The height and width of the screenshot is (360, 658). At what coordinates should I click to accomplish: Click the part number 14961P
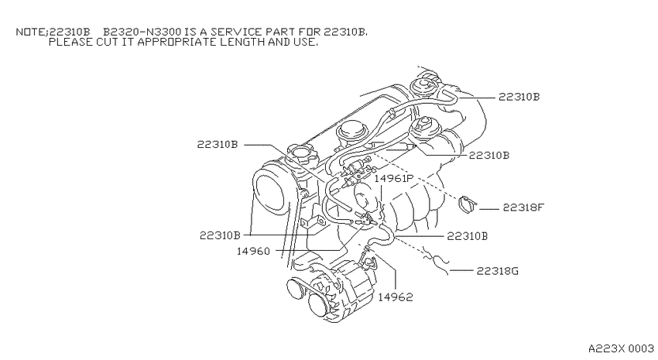[393, 178]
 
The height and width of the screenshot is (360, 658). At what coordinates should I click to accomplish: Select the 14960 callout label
[253, 251]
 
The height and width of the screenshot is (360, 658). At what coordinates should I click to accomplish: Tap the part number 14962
[396, 297]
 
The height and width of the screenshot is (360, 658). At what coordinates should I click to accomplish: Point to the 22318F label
[523, 207]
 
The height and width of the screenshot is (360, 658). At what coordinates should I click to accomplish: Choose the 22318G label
[497, 271]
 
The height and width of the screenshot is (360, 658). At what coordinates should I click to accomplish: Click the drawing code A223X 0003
[621, 348]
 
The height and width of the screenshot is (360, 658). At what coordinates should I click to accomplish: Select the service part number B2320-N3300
[142, 32]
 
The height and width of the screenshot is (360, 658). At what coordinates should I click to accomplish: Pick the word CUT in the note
[107, 42]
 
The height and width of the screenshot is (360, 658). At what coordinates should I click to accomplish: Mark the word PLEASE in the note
[70, 42]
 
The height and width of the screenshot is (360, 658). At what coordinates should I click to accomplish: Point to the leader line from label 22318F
[489, 208]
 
